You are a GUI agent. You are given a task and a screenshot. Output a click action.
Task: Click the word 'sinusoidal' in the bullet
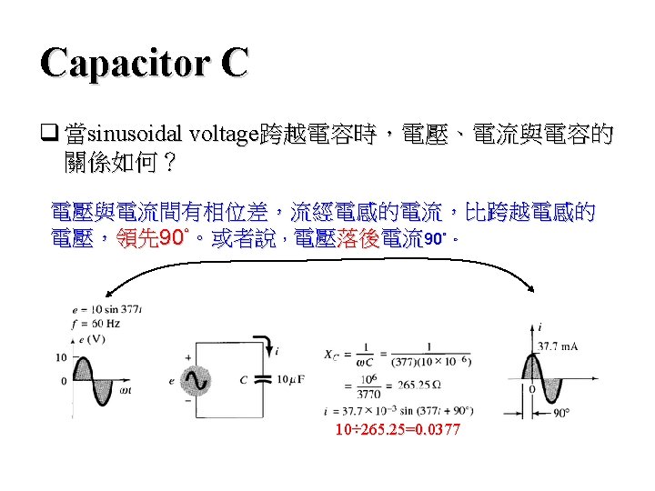[137, 137]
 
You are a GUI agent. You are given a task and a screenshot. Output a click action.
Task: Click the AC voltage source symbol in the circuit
[191, 380]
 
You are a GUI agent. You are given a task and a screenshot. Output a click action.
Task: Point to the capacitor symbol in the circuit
[264, 379]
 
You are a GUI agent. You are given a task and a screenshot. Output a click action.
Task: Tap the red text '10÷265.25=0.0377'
[398, 428]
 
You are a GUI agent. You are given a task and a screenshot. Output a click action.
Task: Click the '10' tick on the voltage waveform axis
[62, 356]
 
